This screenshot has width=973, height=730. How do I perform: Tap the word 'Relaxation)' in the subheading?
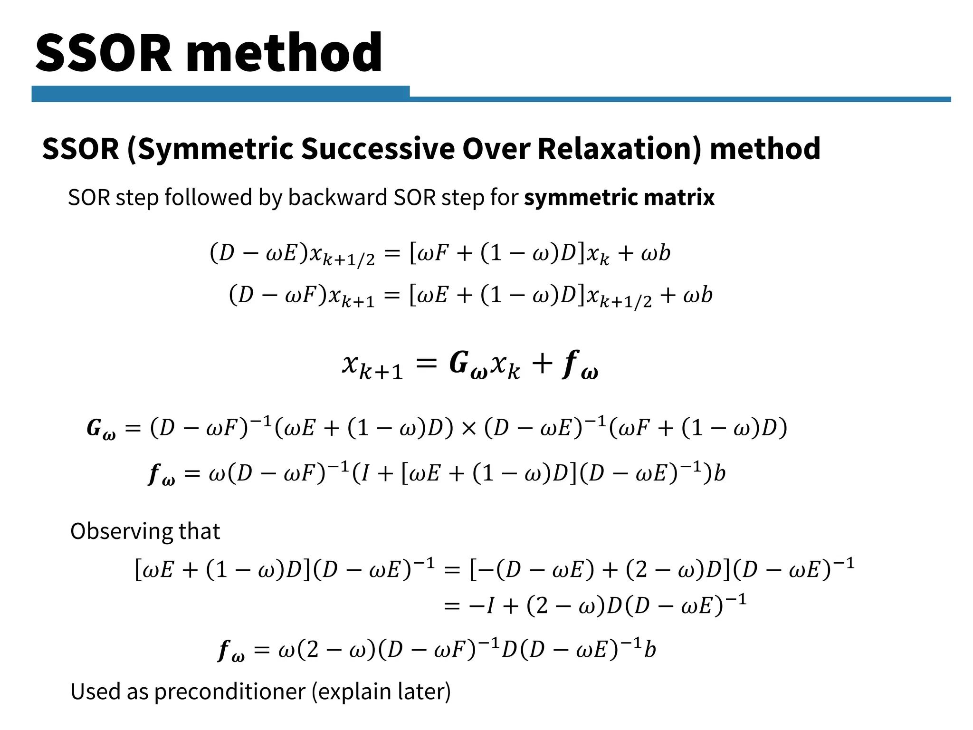point(620,149)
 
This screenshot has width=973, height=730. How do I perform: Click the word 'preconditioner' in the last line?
point(229,691)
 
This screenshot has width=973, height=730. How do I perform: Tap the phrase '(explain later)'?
point(381,691)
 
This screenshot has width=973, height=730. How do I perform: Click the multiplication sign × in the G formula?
point(468,428)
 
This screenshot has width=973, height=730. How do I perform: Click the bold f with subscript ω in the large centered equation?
point(580,365)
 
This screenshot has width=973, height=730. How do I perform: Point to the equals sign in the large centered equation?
point(426,364)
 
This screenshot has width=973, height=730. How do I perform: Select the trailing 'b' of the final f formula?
point(650,649)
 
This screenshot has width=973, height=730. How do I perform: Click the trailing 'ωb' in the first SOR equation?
point(656,253)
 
